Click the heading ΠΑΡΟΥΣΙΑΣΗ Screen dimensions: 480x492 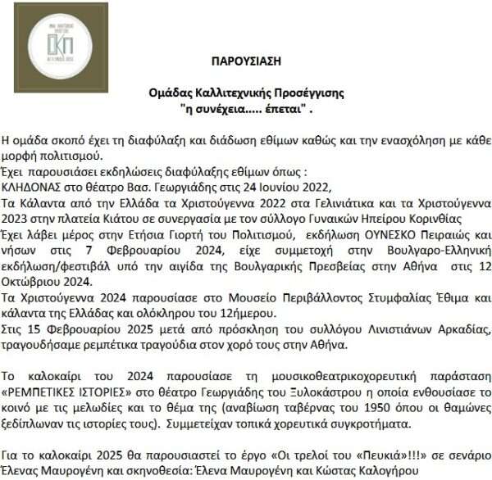point(246,61)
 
